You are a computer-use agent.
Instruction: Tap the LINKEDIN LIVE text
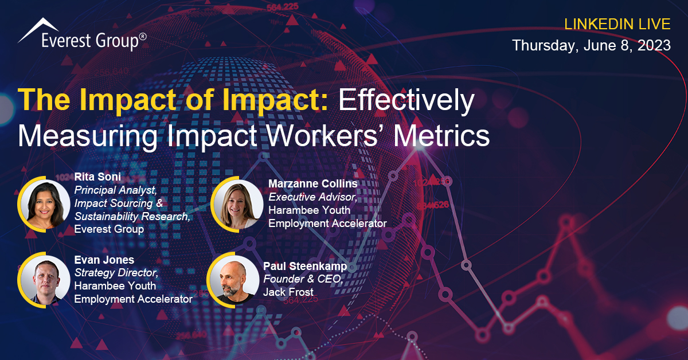click(x=617, y=24)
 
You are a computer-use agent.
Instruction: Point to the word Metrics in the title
click(x=441, y=136)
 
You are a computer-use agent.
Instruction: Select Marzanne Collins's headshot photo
click(x=238, y=205)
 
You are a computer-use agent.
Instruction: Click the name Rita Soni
click(x=97, y=177)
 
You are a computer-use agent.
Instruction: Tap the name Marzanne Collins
click(x=313, y=183)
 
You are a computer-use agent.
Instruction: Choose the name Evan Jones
click(x=104, y=260)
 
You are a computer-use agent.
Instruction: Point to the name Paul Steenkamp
click(x=305, y=267)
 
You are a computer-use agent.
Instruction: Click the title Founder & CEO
click(x=303, y=279)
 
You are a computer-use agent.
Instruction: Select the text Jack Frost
click(x=288, y=292)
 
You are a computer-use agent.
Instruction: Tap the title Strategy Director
click(x=116, y=273)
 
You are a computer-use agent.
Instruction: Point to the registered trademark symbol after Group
click(x=143, y=37)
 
